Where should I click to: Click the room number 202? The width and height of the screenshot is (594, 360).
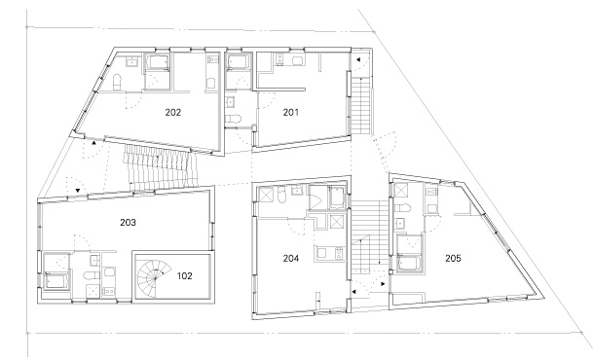point(173,113)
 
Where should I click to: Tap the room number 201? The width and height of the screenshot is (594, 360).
point(290,113)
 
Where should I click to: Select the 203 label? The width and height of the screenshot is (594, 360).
point(128,222)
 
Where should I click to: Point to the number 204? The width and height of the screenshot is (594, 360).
point(291,258)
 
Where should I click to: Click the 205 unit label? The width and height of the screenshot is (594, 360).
point(453,258)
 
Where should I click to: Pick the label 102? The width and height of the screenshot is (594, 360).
point(184,276)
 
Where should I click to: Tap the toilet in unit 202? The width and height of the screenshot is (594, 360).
point(117,82)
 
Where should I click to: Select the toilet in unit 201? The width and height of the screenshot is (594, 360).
point(233,118)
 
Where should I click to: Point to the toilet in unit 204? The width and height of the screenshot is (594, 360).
point(282,195)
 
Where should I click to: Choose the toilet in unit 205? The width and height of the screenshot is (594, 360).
point(403,207)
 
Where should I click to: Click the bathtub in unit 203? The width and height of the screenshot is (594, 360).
point(56,281)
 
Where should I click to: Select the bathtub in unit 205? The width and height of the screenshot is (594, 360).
point(409,264)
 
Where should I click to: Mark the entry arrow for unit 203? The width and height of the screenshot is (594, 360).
point(78,191)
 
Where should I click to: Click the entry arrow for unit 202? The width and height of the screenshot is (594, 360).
point(93,143)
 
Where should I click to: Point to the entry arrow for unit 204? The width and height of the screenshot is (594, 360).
point(353,292)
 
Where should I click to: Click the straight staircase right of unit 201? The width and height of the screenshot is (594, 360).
point(360,105)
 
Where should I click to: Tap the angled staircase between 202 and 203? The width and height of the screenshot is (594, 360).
point(162,166)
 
